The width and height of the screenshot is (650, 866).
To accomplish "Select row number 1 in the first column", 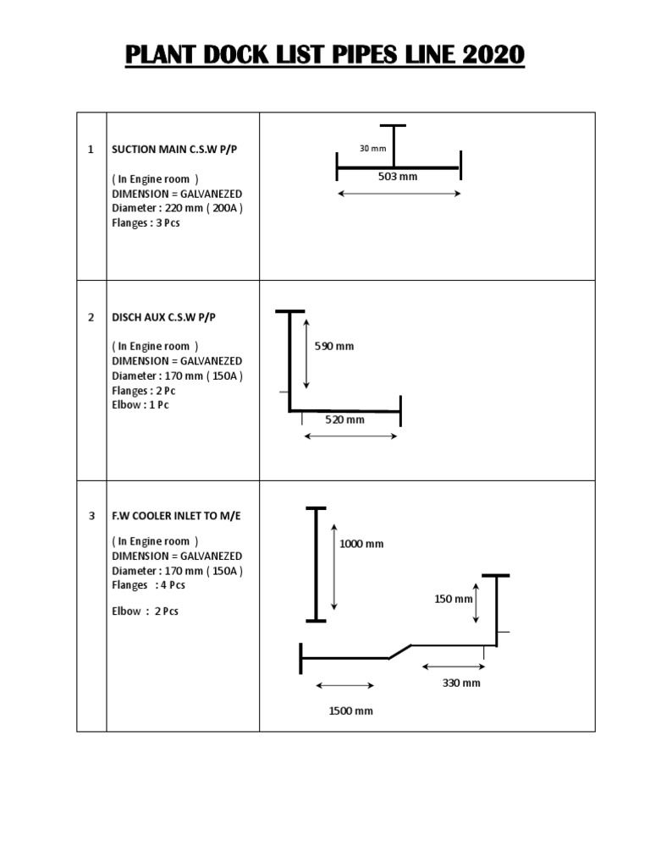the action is [91, 150].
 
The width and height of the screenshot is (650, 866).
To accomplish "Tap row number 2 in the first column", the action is [91, 317].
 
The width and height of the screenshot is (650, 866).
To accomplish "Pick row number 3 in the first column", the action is [91, 515].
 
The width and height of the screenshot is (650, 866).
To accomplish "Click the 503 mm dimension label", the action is [398, 177].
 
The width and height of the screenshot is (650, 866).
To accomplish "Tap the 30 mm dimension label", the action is [372, 149].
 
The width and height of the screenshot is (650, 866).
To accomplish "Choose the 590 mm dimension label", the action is [334, 346].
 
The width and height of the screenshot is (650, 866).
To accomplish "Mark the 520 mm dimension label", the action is [345, 419].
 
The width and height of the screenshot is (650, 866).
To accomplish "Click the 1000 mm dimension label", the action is [361, 544].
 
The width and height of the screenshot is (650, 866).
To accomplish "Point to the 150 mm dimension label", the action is [454, 599].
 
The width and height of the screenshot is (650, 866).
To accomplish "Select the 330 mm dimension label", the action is [461, 682].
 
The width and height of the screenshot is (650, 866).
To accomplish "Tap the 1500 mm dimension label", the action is [351, 711].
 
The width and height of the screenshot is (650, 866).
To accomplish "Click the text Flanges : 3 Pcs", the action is [146, 223].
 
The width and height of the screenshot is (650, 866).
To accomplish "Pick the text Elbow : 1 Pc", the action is [140, 405].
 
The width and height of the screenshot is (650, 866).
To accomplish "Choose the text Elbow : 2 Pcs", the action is [145, 611].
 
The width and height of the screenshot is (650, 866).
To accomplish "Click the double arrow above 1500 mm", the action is [344, 685].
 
